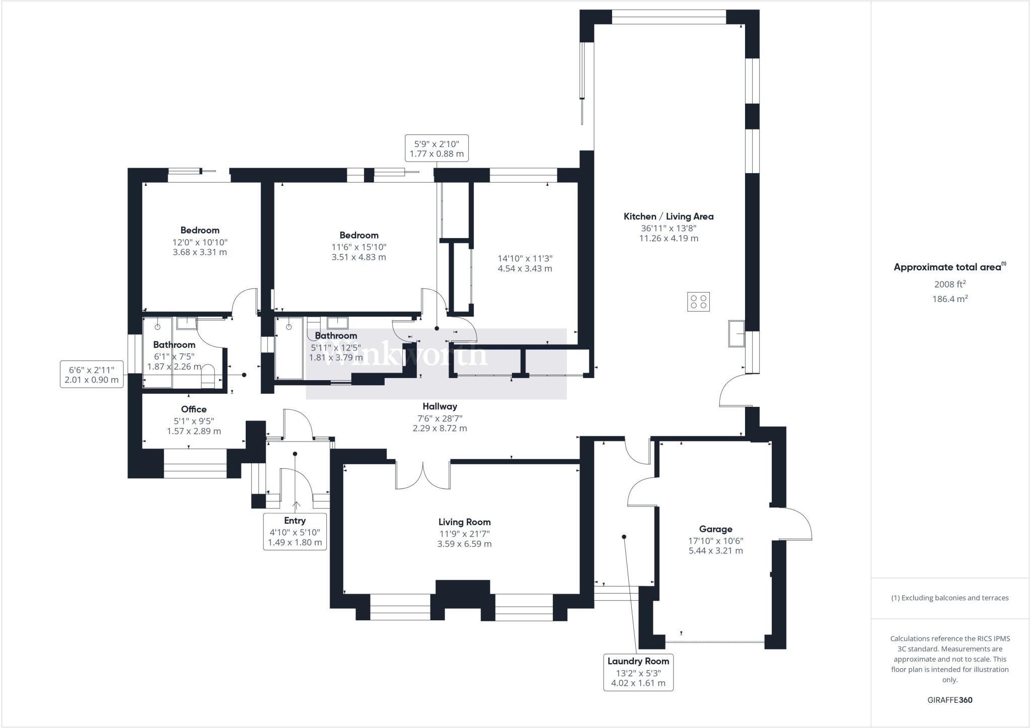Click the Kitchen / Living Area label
[x=669, y=216]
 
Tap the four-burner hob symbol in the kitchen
[x=698, y=302]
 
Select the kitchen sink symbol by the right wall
[x=736, y=333]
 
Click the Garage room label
[x=715, y=529]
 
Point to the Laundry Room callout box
[x=638, y=672]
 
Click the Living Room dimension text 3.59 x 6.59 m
[x=464, y=544]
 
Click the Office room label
[x=194, y=409]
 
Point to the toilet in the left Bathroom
[x=207, y=378]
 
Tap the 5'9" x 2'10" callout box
[x=436, y=149]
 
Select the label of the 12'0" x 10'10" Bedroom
[x=200, y=231]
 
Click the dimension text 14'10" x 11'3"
[x=525, y=258]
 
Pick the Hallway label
[x=439, y=406]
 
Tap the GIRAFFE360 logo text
[x=949, y=700]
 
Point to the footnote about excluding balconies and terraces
[x=949, y=598]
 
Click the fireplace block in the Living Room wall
[x=463, y=594]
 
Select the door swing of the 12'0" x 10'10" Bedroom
[x=245, y=301]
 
